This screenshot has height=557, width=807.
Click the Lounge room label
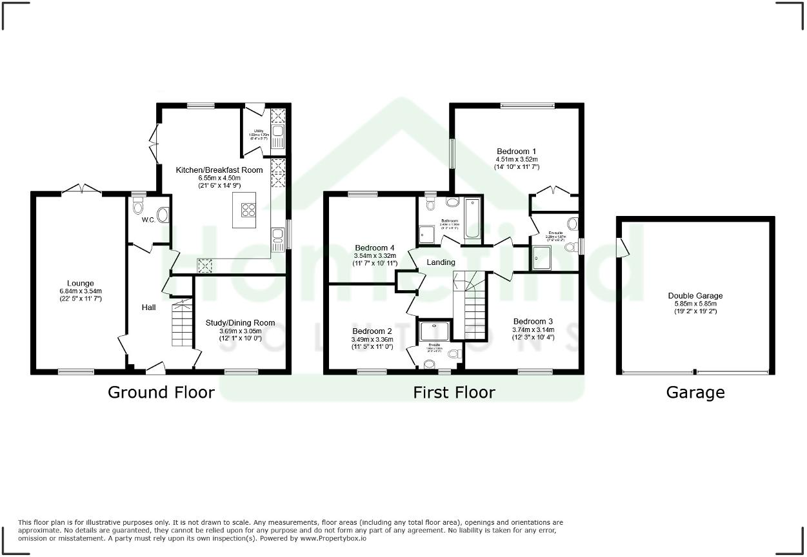(x=80, y=283)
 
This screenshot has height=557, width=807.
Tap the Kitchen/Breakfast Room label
(x=219, y=170)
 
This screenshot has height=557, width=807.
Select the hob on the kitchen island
(x=248, y=210)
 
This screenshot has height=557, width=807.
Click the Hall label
(x=149, y=308)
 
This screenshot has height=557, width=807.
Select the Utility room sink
(x=278, y=136)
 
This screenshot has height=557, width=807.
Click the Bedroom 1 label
(x=517, y=151)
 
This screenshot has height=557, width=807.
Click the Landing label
(x=441, y=262)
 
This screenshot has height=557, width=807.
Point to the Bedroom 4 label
(x=374, y=248)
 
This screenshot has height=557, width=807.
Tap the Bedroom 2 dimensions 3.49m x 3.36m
(x=372, y=340)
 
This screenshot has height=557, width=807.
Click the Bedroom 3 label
(x=533, y=321)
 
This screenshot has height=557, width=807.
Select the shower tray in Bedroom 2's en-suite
(x=436, y=331)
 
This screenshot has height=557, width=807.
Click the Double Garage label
(x=695, y=296)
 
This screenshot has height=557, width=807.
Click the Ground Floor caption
(x=161, y=392)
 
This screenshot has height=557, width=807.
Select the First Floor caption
(x=454, y=392)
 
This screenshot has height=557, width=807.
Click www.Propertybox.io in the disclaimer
(x=334, y=538)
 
